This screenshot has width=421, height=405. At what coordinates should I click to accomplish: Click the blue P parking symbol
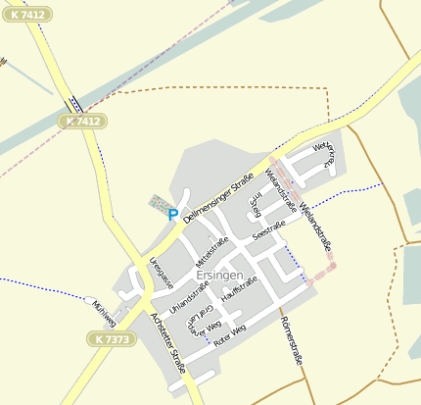tap(173, 214)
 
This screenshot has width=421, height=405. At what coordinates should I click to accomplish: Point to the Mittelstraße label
tap(212, 252)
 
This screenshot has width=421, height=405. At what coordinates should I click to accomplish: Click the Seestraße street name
tap(268, 231)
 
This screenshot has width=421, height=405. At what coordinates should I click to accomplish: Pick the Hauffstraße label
tap(239, 287)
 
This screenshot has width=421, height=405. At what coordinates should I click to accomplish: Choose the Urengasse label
tap(162, 272)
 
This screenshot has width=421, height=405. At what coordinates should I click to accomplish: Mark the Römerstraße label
tap(293, 342)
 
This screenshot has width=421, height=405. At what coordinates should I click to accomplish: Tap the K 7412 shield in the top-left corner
tap(26, 15)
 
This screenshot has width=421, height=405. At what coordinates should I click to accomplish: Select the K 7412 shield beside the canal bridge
tap(82, 122)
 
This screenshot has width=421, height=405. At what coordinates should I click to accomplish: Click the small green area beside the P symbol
tap(157, 203)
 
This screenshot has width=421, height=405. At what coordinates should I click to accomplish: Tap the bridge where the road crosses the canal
tap(73, 103)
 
